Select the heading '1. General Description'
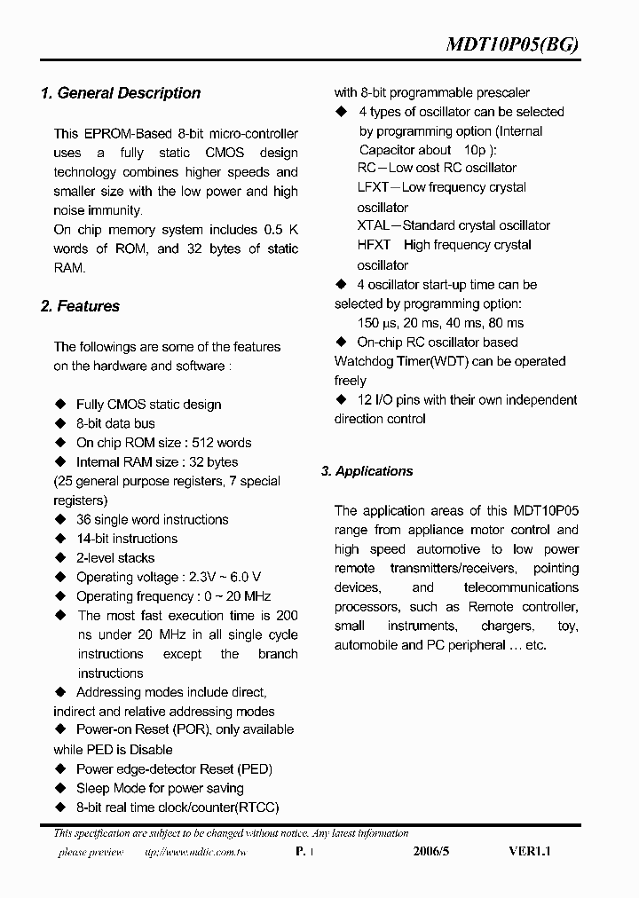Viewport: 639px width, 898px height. [121, 93]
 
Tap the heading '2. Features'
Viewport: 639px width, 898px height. [80, 306]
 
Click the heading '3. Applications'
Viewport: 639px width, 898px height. [367, 471]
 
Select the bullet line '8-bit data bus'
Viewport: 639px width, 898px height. [115, 423]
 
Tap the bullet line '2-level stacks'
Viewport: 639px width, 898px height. [115, 558]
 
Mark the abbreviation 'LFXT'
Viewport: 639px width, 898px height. [373, 187]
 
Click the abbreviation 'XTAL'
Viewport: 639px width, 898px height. [374, 225]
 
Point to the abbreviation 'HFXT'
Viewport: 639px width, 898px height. [374, 245]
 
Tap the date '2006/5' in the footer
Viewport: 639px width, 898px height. [432, 851]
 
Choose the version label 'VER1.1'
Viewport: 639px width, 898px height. [530, 851]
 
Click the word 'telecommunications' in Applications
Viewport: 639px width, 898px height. [521, 587]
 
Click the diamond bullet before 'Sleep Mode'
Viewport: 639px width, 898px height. [60, 788]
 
